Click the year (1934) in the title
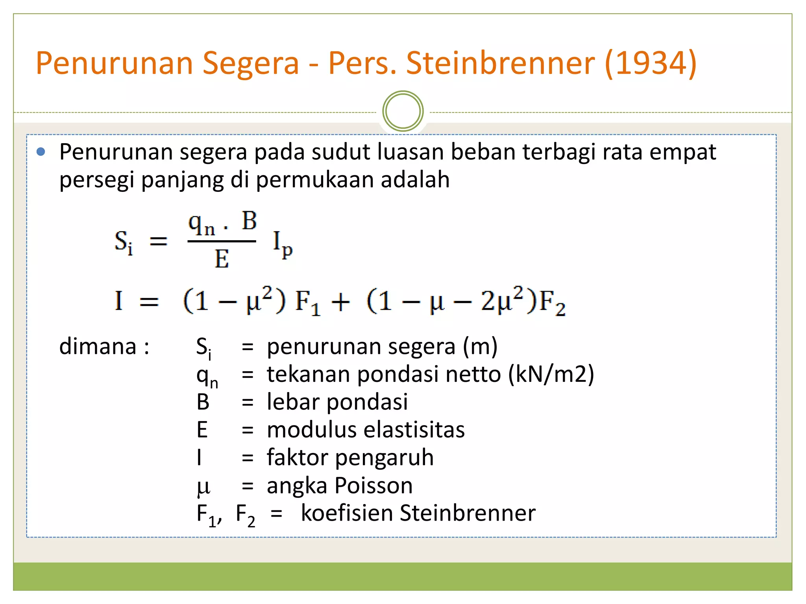point(650,63)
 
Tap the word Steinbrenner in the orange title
point(500,63)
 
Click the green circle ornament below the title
point(403,111)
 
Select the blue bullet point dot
point(41,152)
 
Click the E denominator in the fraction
point(222,259)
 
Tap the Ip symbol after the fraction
point(283,244)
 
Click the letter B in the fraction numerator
point(249,221)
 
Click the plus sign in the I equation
point(340,303)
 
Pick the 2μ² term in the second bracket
point(502,301)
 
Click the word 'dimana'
point(98,346)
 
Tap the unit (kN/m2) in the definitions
point(551,374)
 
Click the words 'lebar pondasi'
point(337,402)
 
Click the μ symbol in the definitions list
point(203,487)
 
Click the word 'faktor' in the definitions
point(297,457)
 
